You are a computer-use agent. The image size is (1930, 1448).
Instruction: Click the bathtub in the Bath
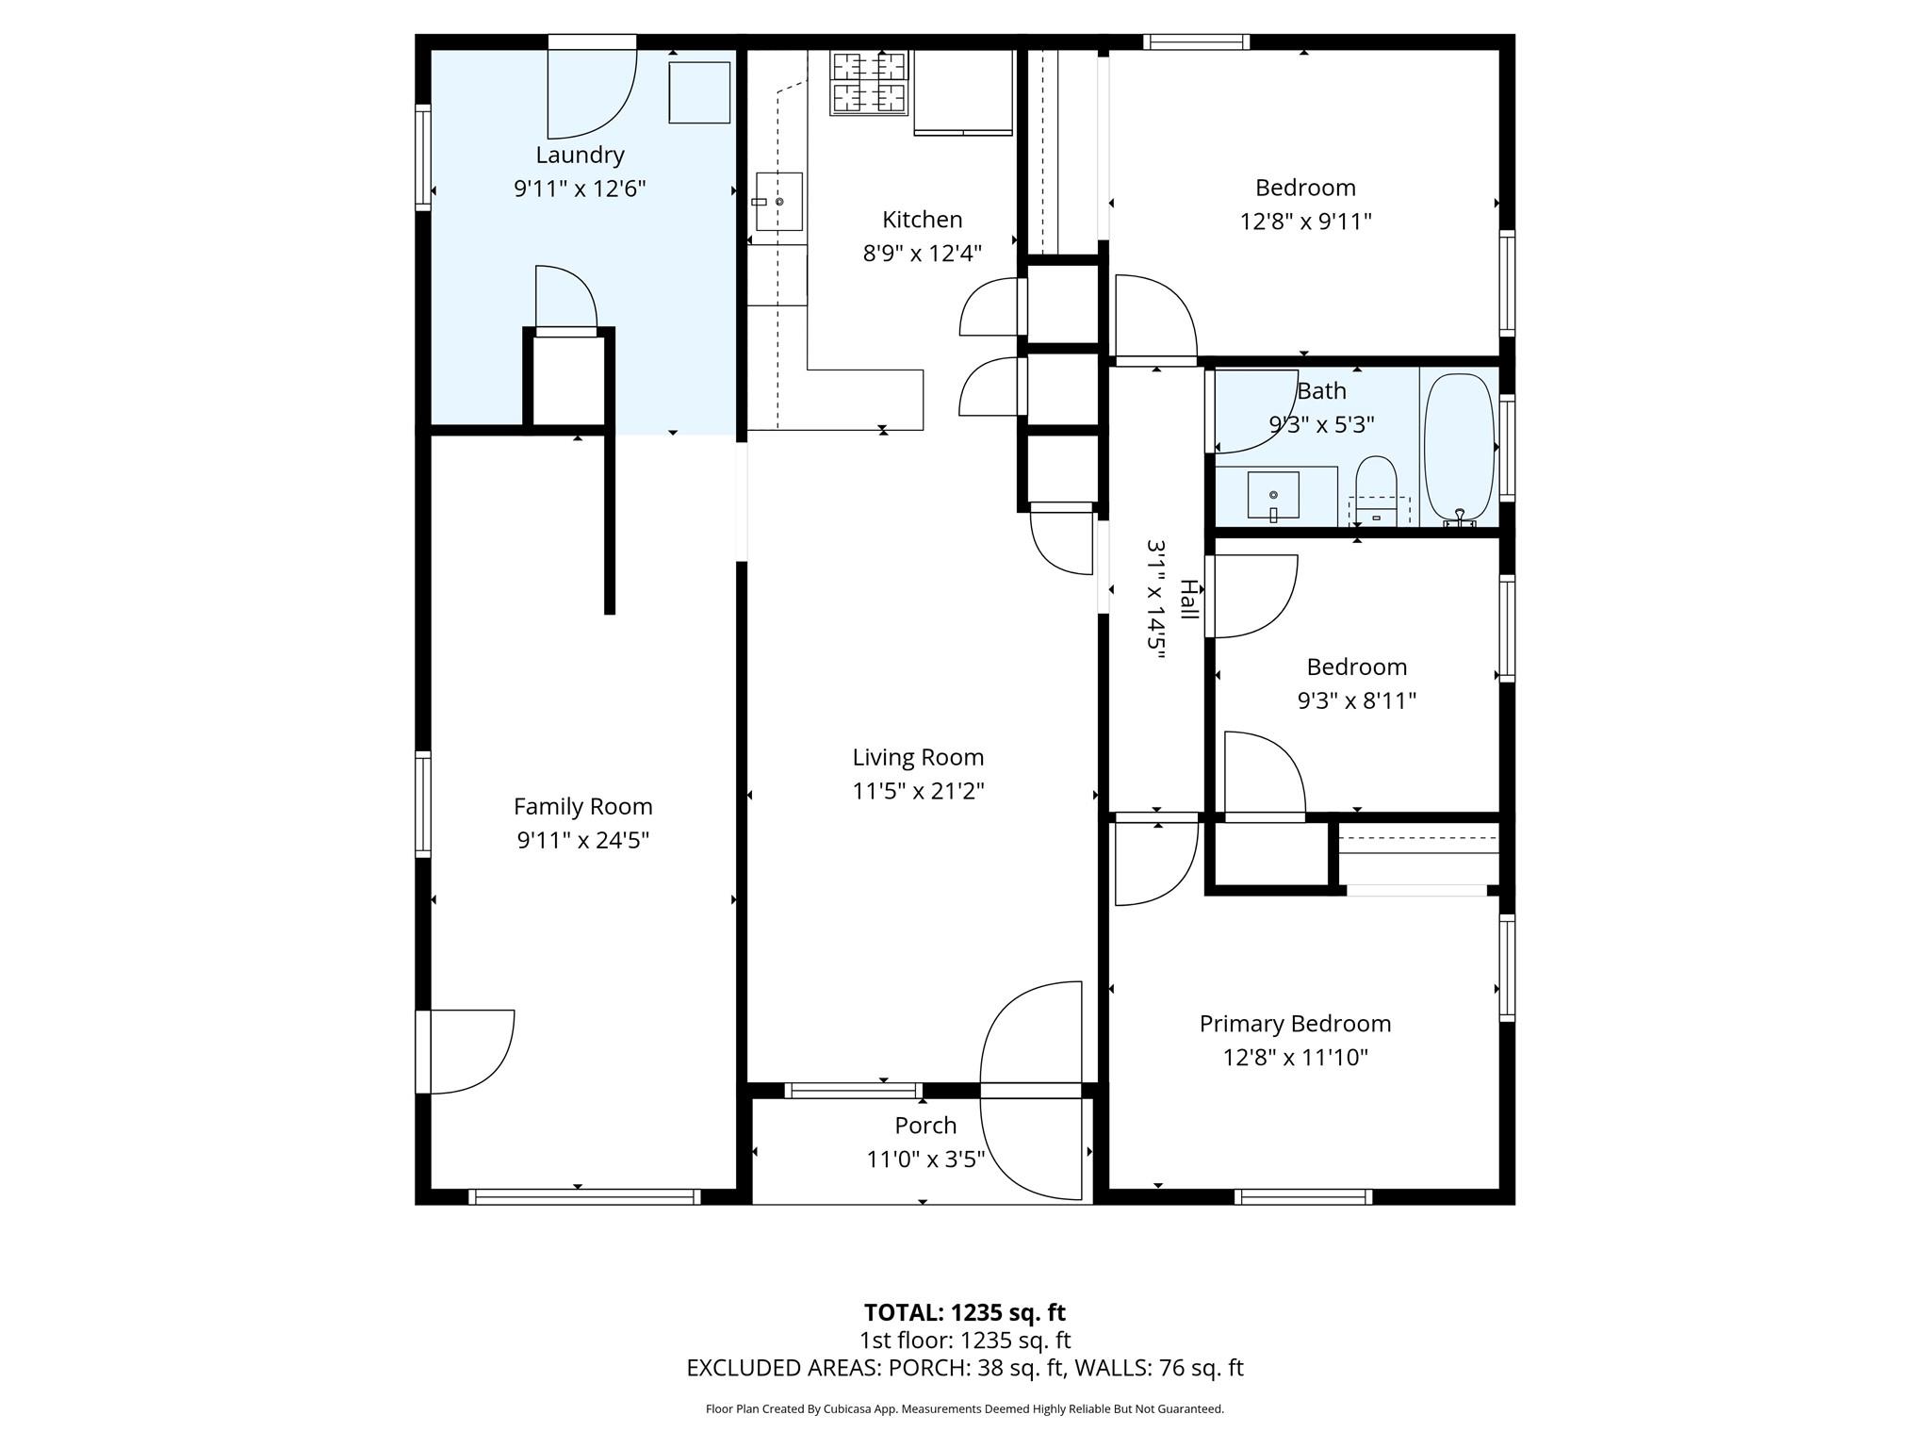(1458, 448)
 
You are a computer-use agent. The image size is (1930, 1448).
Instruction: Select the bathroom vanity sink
(1273, 495)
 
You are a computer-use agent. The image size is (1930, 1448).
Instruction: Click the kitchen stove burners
(869, 82)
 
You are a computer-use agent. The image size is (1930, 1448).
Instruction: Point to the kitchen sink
(778, 202)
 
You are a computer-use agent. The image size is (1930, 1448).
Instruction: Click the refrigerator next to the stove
(962, 91)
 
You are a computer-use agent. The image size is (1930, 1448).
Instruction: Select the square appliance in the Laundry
(699, 92)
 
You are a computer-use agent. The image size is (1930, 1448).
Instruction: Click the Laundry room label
(580, 155)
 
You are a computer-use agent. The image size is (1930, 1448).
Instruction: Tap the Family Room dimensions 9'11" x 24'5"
(582, 840)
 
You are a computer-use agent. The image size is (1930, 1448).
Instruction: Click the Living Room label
(918, 757)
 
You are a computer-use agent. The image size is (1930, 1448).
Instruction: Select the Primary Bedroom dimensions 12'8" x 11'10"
(1295, 1057)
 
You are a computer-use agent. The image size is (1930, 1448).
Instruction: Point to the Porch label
(925, 1126)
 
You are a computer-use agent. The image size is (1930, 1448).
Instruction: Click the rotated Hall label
(1188, 600)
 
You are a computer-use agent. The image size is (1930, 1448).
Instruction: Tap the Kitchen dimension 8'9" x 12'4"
(922, 253)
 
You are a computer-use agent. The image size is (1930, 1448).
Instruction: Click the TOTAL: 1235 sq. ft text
(964, 1312)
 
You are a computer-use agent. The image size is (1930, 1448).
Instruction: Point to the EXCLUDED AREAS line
(964, 1368)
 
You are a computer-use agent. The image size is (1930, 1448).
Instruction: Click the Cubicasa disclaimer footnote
(964, 1409)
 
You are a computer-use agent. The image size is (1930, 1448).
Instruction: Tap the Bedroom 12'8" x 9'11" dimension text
(1304, 222)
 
